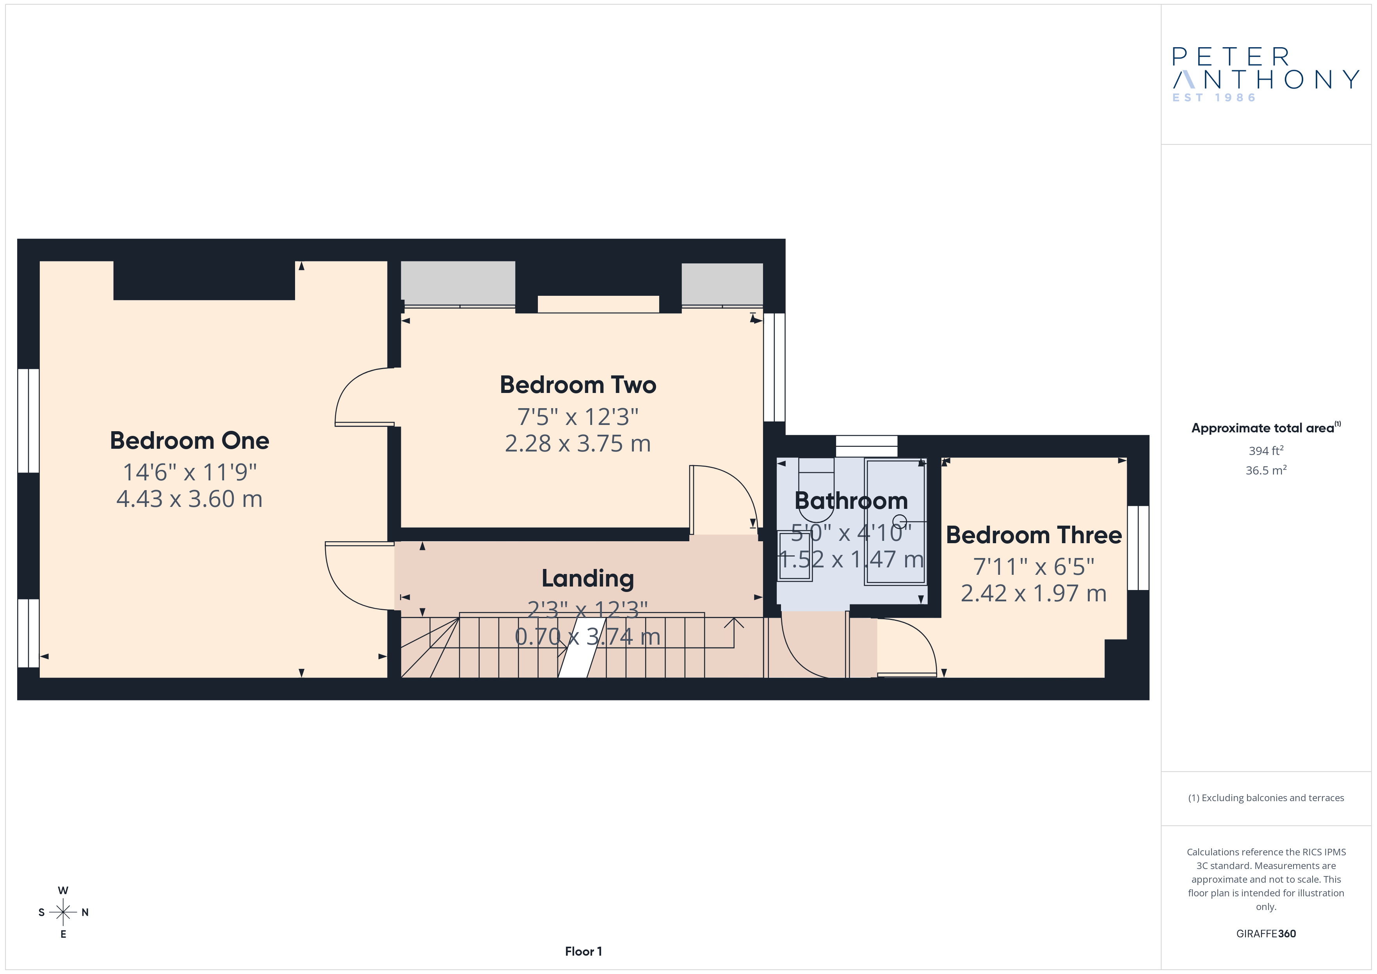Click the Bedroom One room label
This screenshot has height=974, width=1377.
pyautogui.click(x=190, y=441)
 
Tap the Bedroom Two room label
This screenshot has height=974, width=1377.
pyautogui.click(x=578, y=385)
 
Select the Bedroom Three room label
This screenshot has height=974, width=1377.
pyautogui.click(x=1034, y=535)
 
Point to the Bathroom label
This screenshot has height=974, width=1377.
pyautogui.click(x=851, y=501)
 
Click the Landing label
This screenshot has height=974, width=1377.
pyautogui.click(x=588, y=579)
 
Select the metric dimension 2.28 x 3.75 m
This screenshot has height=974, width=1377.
pyautogui.click(x=578, y=444)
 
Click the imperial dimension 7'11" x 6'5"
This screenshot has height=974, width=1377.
pyautogui.click(x=1034, y=566)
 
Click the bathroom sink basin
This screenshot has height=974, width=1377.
pyautogui.click(x=795, y=556)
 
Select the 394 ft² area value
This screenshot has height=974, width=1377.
pyautogui.click(x=1266, y=450)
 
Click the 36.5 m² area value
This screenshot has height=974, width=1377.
pyautogui.click(x=1266, y=470)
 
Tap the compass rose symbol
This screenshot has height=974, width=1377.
pyautogui.click(x=63, y=912)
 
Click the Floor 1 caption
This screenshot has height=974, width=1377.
pyautogui.click(x=584, y=951)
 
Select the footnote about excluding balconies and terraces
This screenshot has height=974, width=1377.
pyautogui.click(x=1266, y=798)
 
